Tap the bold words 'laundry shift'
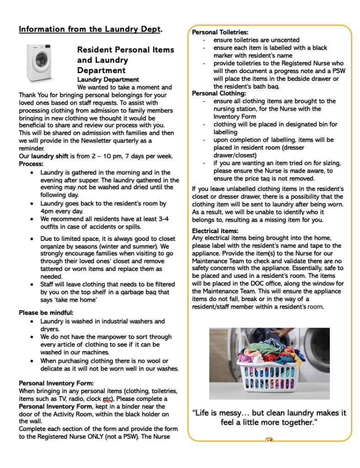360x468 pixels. pyautogui.click(x=49, y=156)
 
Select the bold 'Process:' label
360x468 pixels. pyautogui.click(x=31, y=164)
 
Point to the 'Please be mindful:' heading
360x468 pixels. pyautogui.click(x=46, y=313)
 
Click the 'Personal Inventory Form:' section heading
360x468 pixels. pyautogui.click(x=56, y=383)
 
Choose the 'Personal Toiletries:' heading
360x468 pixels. pyautogui.click(x=220, y=32)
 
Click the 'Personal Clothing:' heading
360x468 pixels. pyautogui.click(x=219, y=94)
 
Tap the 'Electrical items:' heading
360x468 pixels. pyautogui.click(x=215, y=231)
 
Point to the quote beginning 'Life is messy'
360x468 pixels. pyautogui.click(x=269, y=418)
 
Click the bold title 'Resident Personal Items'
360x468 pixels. pyautogui.click(x=126, y=49)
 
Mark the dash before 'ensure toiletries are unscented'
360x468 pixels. pyautogui.click(x=204, y=40)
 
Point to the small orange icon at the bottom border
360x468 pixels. pyautogui.click(x=269, y=441)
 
